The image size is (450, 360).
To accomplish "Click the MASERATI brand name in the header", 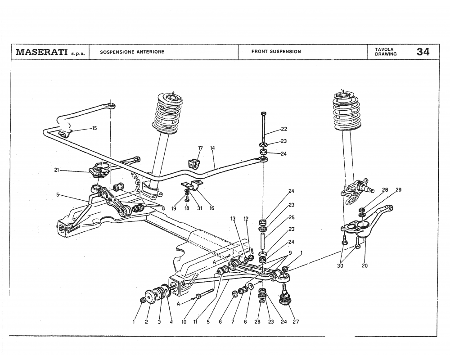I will click(42, 52).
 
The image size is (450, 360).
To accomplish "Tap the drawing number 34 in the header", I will click(423, 52).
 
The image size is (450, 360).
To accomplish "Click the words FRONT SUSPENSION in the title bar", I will click(276, 52).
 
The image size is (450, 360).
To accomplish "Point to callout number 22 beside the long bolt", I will click(284, 129).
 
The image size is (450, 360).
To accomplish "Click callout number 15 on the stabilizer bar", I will click(94, 128).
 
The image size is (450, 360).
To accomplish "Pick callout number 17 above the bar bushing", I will click(200, 148).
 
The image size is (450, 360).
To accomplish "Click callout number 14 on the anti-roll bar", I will click(212, 148).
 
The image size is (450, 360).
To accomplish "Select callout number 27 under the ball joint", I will click(295, 322).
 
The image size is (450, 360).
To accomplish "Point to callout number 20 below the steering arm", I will click(364, 265).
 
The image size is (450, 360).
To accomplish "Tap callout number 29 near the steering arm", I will click(398, 190).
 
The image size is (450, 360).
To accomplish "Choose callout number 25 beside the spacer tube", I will click(292, 217).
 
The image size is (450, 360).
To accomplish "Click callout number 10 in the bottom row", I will click(183, 322).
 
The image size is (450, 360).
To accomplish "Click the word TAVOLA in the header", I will click(383, 49).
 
